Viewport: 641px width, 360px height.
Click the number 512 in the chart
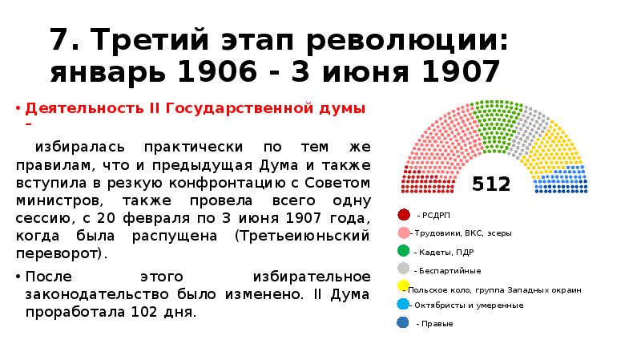[x=491, y=184]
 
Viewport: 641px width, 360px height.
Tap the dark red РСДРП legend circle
[x=403, y=215]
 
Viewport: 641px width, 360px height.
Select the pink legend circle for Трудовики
[x=403, y=233]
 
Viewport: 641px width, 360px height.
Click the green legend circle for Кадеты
[x=403, y=251]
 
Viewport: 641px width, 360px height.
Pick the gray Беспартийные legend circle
[x=403, y=269]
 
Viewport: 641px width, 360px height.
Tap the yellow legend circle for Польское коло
[x=402, y=286]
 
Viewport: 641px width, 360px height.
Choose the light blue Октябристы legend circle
[x=402, y=305]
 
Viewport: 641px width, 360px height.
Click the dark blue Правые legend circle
[x=402, y=323]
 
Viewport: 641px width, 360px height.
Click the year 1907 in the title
[x=451, y=73]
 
